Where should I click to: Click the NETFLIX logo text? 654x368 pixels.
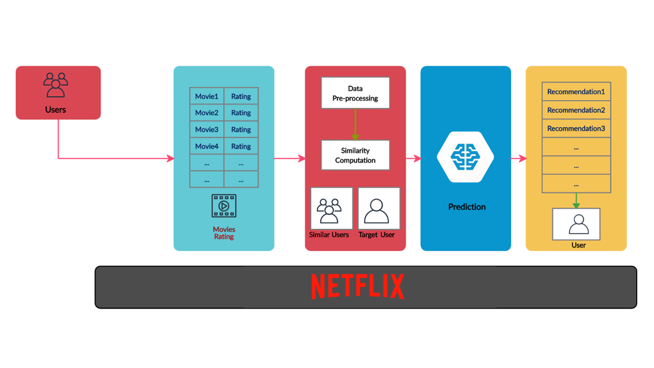click(358, 286)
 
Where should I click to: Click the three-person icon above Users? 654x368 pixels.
click(56, 86)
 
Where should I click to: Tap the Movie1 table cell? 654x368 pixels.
click(207, 96)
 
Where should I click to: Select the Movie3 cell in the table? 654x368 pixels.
click(207, 129)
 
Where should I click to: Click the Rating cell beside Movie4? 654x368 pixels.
click(241, 146)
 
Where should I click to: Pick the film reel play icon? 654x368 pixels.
click(224, 206)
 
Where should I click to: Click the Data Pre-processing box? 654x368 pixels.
click(355, 93)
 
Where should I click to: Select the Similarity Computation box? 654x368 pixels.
click(355, 155)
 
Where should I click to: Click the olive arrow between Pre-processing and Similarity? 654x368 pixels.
click(355, 124)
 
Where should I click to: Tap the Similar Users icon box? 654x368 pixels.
click(331, 209)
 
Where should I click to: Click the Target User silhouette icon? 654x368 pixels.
click(377, 211)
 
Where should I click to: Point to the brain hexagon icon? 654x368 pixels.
click(465, 157)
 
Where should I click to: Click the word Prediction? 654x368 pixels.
click(467, 207)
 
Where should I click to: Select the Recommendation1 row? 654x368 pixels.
click(576, 91)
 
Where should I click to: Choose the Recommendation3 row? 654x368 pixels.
click(576, 128)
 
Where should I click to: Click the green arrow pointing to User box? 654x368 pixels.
click(576, 201)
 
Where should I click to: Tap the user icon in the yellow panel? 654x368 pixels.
click(578, 224)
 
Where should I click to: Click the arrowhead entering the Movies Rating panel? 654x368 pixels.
click(170, 158)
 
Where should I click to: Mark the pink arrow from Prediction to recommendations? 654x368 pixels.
click(518, 158)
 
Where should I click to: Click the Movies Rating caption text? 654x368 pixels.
click(224, 233)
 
